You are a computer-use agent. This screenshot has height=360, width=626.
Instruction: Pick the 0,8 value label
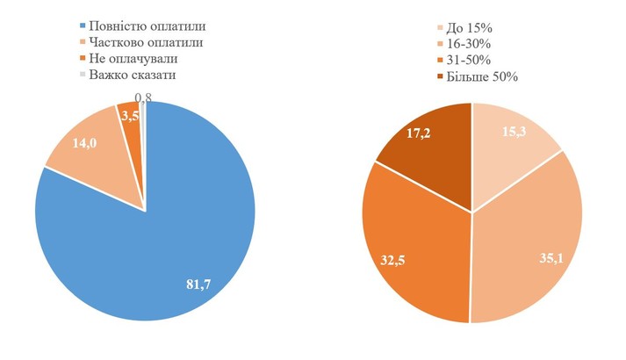click(x=143, y=98)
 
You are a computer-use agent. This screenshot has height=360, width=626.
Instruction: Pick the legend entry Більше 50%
click(x=483, y=77)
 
